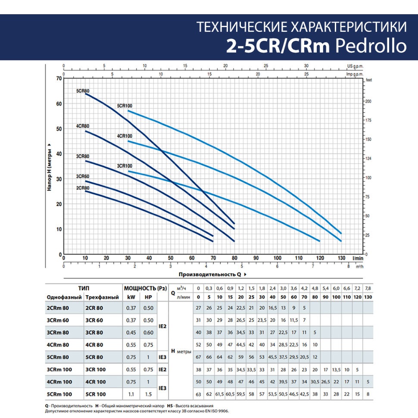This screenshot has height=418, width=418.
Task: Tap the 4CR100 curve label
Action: [x=125, y=136]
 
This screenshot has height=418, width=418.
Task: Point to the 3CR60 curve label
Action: [x=82, y=176]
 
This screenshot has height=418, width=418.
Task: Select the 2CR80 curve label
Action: [x=82, y=187]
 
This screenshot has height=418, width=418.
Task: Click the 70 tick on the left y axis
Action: [x=59, y=78]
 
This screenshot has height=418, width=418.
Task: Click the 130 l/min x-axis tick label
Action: [x=341, y=258]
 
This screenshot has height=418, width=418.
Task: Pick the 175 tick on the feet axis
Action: [x=368, y=120]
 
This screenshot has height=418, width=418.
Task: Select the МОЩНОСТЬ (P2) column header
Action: [x=140, y=288]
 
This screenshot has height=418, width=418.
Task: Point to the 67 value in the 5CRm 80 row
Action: [x=198, y=357]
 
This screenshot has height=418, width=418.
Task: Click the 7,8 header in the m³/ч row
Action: [x=368, y=288]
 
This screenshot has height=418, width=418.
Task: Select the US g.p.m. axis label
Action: [x=356, y=66]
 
